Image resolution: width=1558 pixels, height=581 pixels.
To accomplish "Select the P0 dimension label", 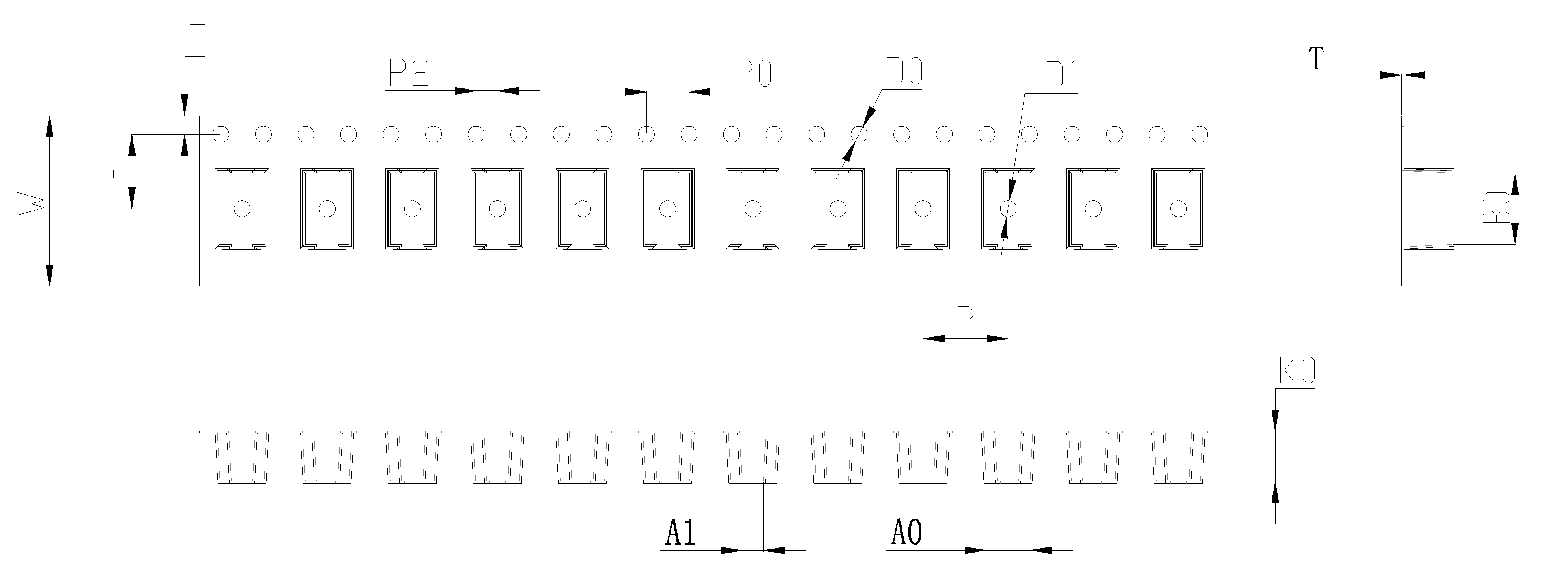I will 753,74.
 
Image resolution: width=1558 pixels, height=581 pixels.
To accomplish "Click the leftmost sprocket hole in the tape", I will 222,133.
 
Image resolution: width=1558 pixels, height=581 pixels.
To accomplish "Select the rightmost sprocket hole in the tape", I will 1199,133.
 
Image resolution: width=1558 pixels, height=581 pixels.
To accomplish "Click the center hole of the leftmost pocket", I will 242,209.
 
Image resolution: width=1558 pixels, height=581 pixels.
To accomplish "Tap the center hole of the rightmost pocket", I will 1177,209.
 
